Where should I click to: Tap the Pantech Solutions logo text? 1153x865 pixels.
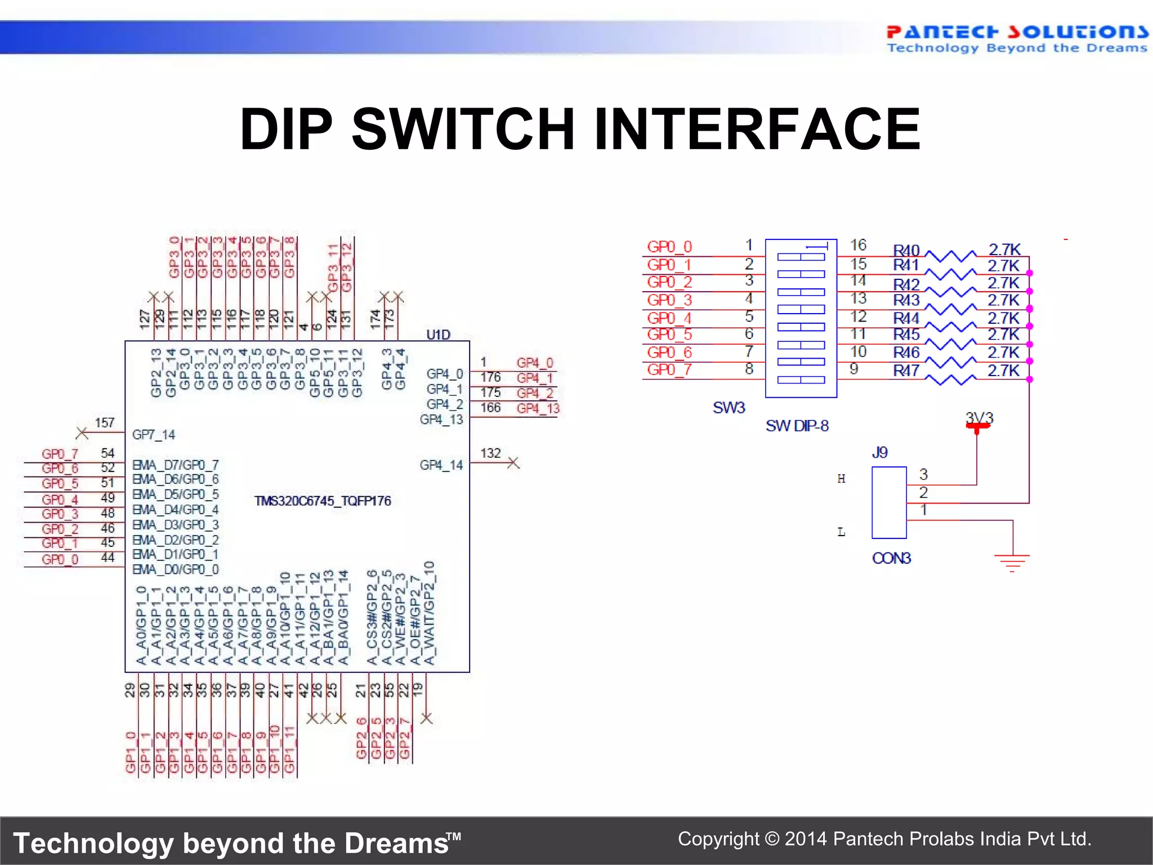click(1016, 32)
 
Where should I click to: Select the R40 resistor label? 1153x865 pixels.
click(906, 250)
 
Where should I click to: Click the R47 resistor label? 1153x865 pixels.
click(906, 371)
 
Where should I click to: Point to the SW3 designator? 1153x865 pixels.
click(729, 407)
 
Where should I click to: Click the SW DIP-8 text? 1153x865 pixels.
click(797, 426)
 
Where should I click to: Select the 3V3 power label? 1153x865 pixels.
click(979, 418)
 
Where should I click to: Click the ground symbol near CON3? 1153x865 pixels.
click(1012, 561)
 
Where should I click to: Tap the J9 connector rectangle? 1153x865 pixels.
click(889, 502)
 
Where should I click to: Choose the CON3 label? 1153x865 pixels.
click(891, 558)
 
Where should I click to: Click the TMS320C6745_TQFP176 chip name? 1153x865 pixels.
click(323, 501)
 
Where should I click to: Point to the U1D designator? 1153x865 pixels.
click(438, 335)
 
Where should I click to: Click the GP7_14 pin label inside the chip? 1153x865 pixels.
click(153, 434)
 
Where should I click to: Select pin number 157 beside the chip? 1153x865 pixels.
click(105, 422)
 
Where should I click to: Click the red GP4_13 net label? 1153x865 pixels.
click(538, 408)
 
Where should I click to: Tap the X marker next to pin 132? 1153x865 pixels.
click(513, 463)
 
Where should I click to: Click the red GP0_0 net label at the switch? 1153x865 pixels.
click(669, 247)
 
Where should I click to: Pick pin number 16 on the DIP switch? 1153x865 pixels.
click(857, 245)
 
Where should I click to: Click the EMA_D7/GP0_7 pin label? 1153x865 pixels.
click(175, 465)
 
